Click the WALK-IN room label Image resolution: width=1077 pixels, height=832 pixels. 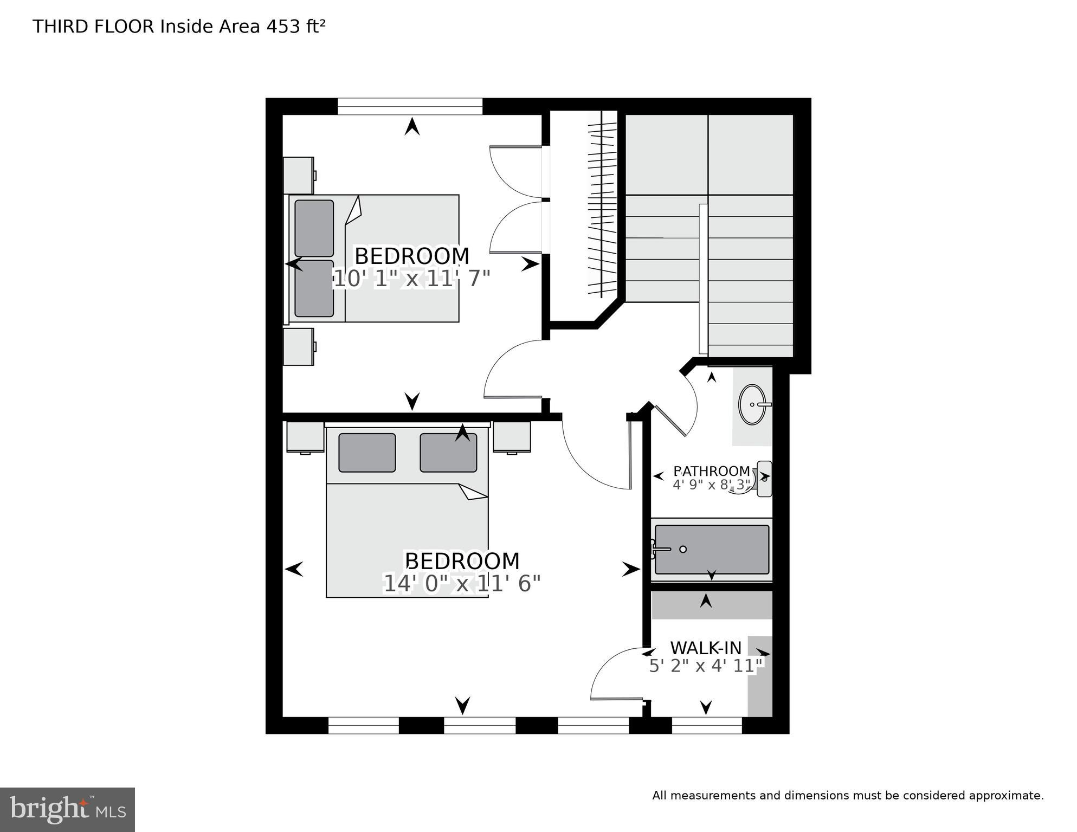click(x=705, y=648)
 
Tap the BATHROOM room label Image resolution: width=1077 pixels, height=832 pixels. click(x=711, y=472)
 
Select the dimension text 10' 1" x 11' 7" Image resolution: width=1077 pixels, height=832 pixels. click(x=411, y=280)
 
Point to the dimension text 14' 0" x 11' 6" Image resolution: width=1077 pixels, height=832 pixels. click(x=462, y=584)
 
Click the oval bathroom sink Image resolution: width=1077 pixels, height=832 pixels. click(x=752, y=404)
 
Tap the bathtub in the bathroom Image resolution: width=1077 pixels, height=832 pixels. click(x=711, y=549)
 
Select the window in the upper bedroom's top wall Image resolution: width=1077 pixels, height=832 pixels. click(x=410, y=106)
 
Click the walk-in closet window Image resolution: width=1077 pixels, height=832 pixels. click(x=706, y=725)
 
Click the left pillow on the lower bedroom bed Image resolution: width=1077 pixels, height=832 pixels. click(x=367, y=453)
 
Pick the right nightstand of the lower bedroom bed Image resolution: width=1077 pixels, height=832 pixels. click(x=512, y=436)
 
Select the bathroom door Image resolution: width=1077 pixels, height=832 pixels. click(x=671, y=421)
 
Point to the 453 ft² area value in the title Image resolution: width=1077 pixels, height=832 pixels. click(x=295, y=27)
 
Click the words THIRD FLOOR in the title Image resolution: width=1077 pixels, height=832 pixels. click(x=93, y=27)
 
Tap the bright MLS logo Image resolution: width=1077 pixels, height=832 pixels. click(x=67, y=809)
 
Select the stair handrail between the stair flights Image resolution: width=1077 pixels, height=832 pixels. click(x=703, y=279)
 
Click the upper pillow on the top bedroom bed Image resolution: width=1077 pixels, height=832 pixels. click(x=314, y=228)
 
